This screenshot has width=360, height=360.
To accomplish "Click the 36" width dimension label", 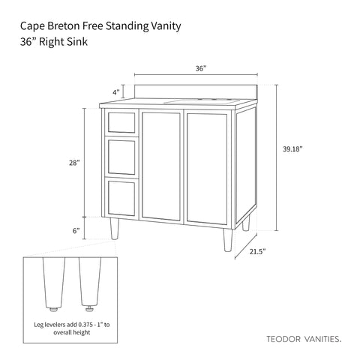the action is pyautogui.click(x=201, y=68).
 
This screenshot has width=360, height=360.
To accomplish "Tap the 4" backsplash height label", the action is pyautogui.click(x=116, y=92).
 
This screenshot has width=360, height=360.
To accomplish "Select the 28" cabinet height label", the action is pyautogui.click(x=74, y=163).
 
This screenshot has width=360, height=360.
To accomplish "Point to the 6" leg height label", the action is pyautogui.click(x=76, y=230).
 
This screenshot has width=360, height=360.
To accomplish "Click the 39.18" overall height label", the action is pyautogui.click(x=292, y=149).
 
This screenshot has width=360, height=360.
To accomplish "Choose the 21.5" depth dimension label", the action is pyautogui.click(x=257, y=251).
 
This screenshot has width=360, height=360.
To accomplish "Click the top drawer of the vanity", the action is pyautogui.click(x=121, y=122).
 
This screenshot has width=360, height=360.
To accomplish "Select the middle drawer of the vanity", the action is pyautogui.click(x=121, y=157).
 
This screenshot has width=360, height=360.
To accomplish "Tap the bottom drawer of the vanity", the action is pyautogui.click(x=121, y=198).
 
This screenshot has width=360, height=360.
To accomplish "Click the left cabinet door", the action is pyautogui.click(x=161, y=166).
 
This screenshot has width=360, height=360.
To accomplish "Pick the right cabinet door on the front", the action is pyautogui.click(x=207, y=169).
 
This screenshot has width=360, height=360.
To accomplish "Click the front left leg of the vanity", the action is pyautogui.click(x=115, y=229).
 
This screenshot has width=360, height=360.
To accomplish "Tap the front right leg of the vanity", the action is pyautogui.click(x=228, y=240).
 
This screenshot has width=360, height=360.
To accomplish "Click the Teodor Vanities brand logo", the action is pyautogui.click(x=304, y=339).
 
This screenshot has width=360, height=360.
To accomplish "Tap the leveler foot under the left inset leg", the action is pyautogui.click(x=54, y=309).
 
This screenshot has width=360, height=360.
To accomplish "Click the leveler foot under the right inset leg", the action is pyautogui.click(x=89, y=309).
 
